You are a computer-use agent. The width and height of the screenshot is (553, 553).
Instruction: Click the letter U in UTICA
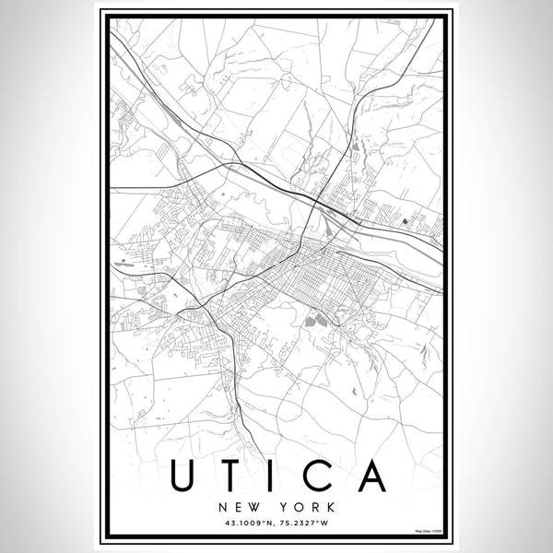(x=182, y=475)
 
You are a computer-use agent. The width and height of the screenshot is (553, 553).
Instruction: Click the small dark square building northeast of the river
(x=405, y=221)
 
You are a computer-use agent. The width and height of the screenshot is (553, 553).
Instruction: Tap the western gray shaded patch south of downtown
(x=310, y=320)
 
